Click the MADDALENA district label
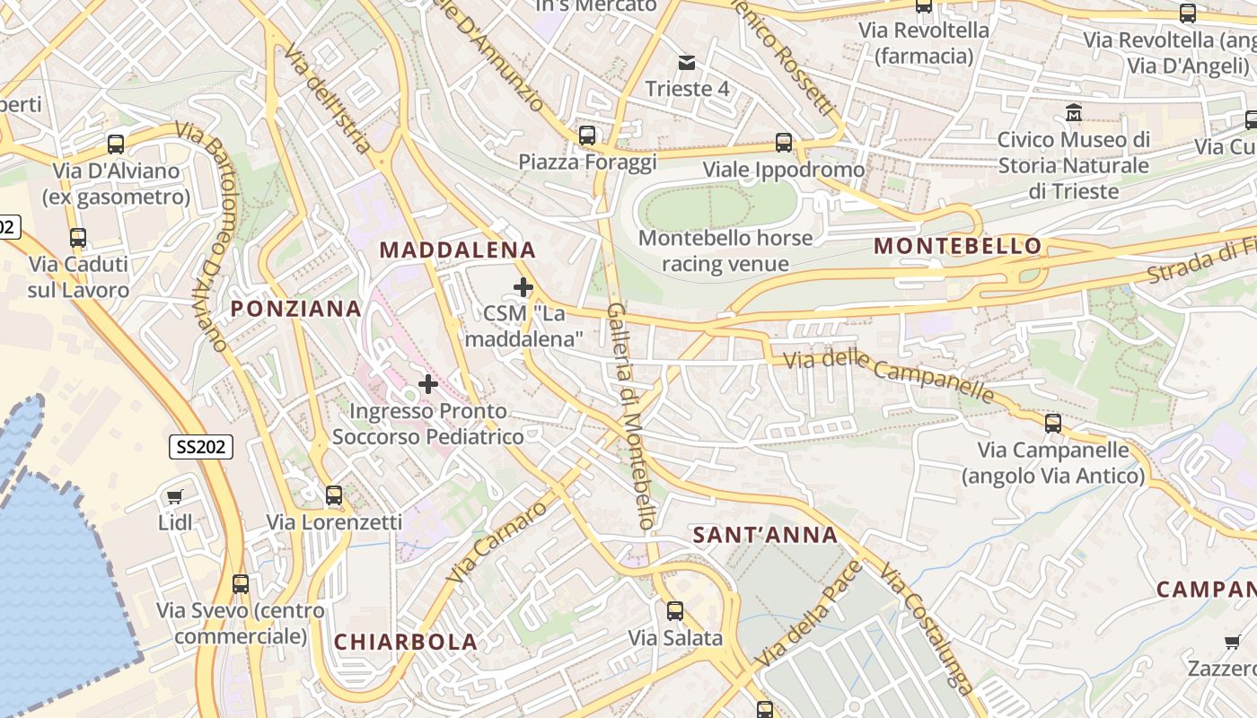(x=458, y=250)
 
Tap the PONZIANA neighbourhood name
(x=296, y=309)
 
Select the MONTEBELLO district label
(x=957, y=246)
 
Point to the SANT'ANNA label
(x=765, y=536)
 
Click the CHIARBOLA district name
(x=406, y=642)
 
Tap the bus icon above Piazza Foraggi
(x=587, y=136)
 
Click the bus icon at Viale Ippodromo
(x=784, y=143)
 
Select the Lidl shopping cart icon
(x=175, y=496)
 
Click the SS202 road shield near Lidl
(x=201, y=446)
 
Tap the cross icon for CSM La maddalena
(x=523, y=287)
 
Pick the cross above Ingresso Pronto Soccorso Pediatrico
(x=428, y=384)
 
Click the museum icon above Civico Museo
(x=1073, y=113)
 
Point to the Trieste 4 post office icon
(x=687, y=62)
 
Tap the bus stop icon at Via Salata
(x=675, y=611)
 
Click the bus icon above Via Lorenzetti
(x=334, y=495)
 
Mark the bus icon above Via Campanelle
(x=1053, y=423)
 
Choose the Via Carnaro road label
(x=497, y=541)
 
